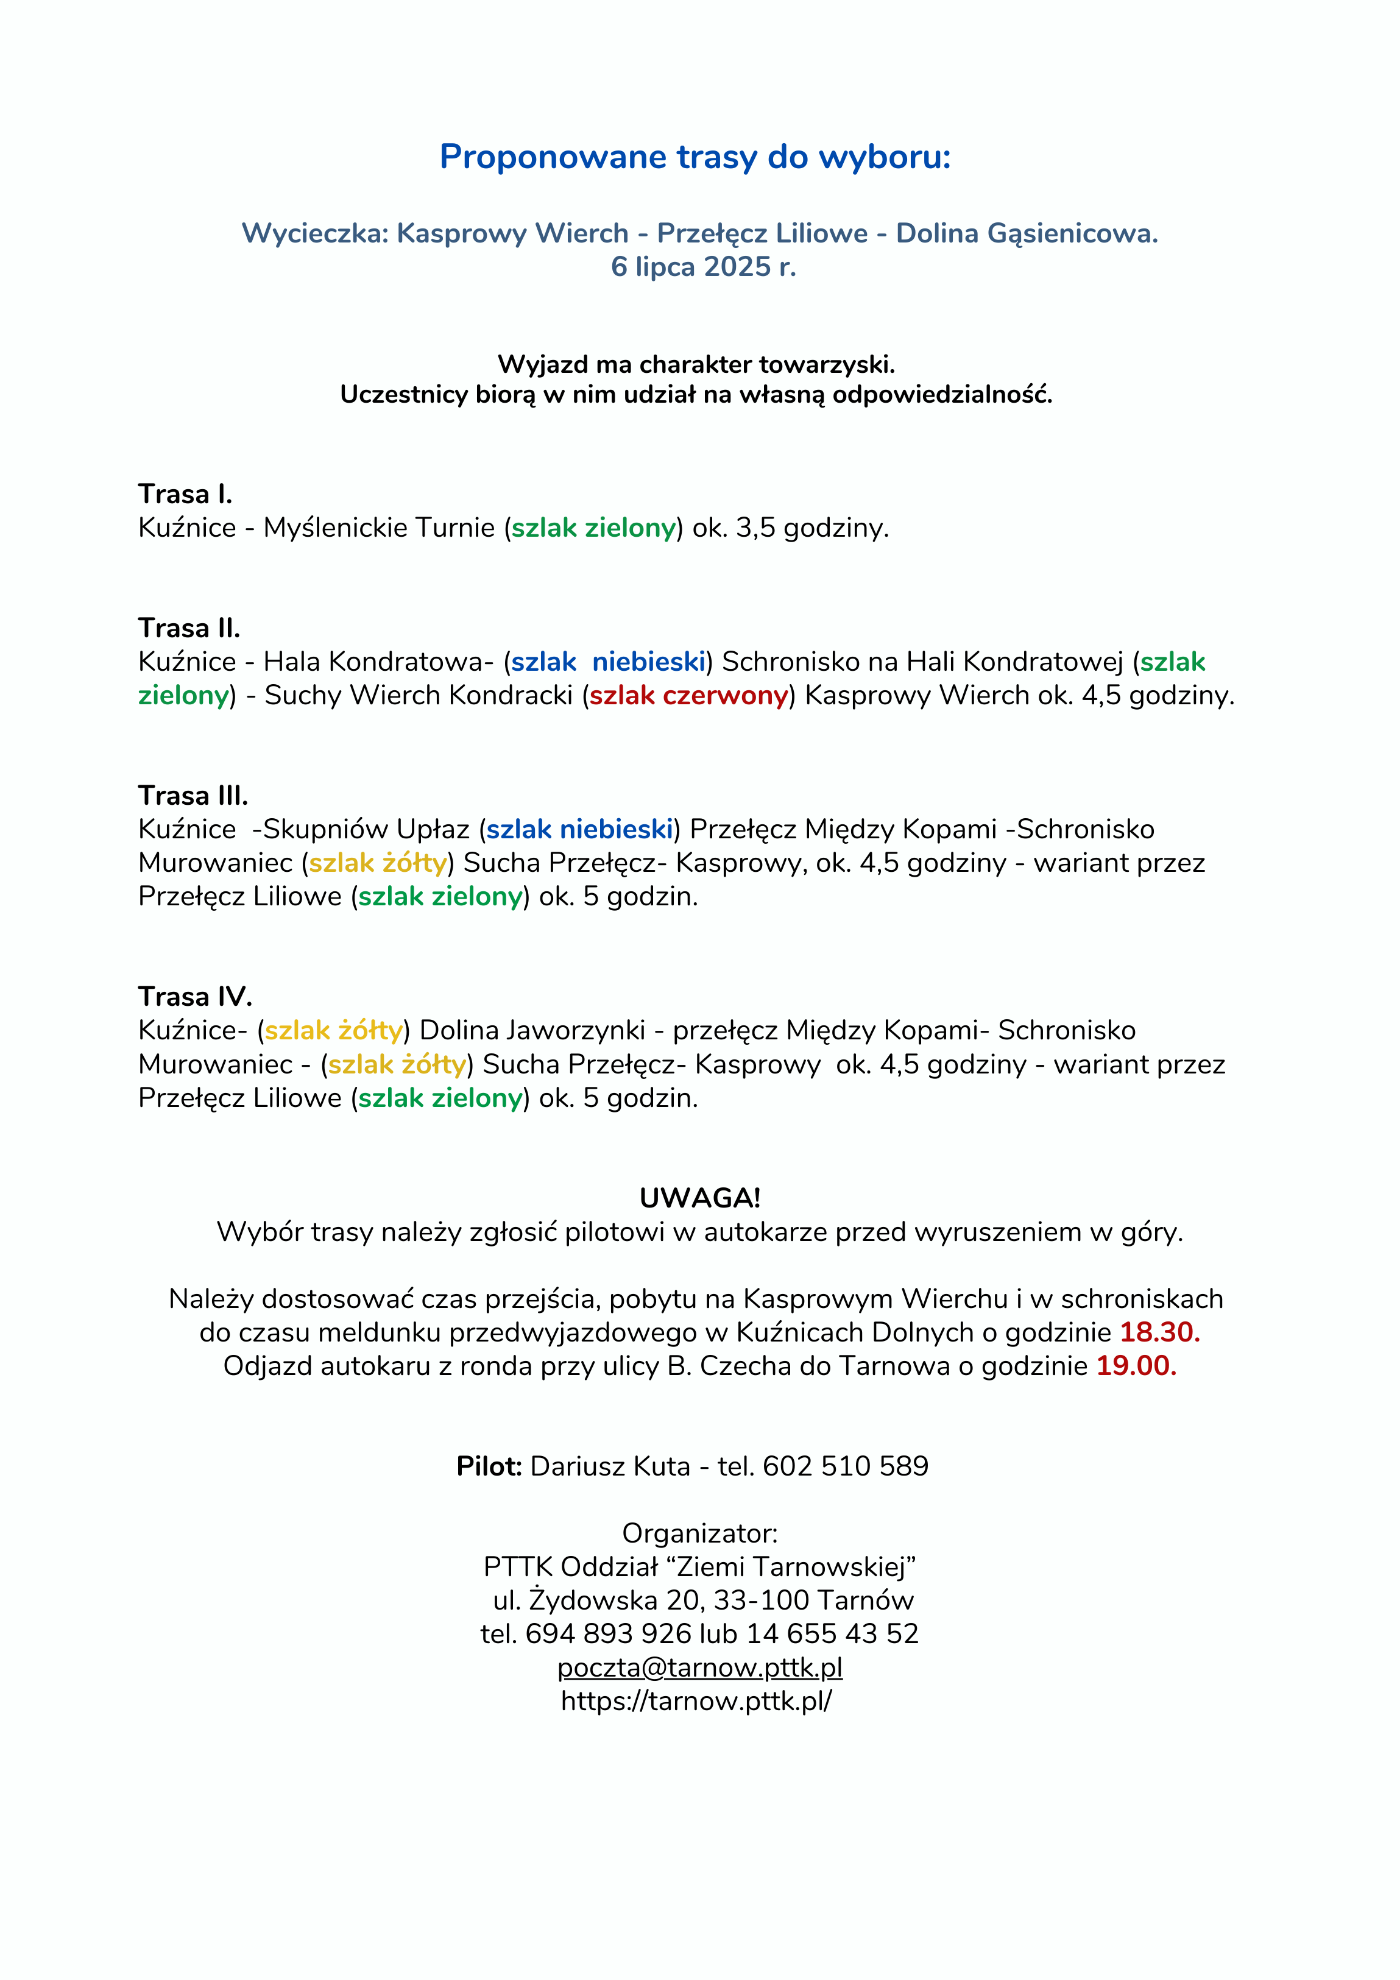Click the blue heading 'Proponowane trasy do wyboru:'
click(x=695, y=157)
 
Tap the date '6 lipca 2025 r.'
click(x=703, y=266)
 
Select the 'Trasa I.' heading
click(x=185, y=494)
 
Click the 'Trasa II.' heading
click(x=189, y=628)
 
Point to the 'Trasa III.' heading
click(x=193, y=795)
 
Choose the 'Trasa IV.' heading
click(x=195, y=997)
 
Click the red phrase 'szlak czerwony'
click(x=689, y=695)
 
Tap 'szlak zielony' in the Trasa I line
click(x=593, y=528)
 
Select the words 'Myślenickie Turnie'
click(x=379, y=528)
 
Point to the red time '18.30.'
click(x=1159, y=1332)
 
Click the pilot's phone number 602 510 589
click(x=846, y=1466)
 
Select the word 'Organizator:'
click(x=699, y=1533)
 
